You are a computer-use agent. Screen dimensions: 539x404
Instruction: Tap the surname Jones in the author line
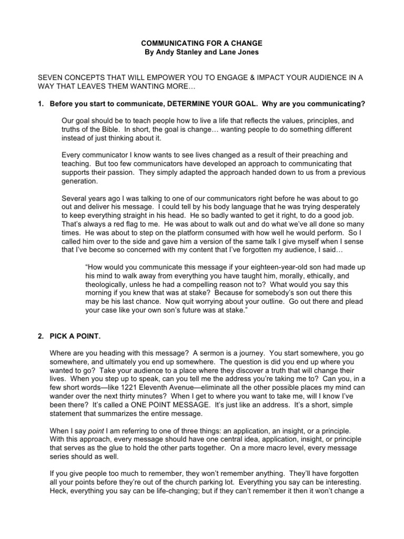coord(248,53)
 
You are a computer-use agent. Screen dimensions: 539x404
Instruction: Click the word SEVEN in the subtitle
coord(50,77)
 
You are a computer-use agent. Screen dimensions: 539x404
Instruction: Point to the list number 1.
coord(41,104)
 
